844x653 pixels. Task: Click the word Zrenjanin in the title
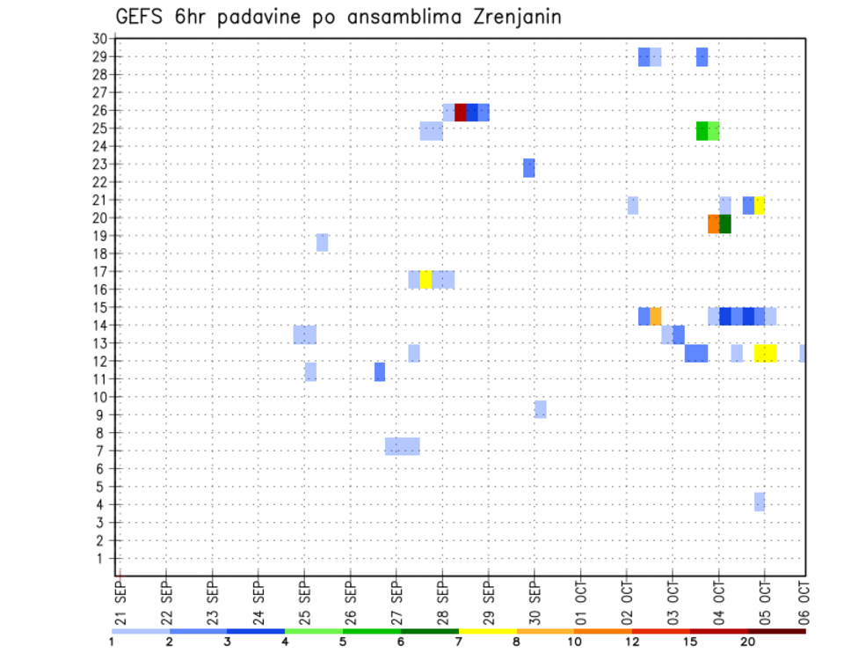[x=511, y=17]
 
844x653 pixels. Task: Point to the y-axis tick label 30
[x=98, y=38]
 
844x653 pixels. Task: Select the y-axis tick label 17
[x=98, y=271]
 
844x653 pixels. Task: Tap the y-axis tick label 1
[x=101, y=558]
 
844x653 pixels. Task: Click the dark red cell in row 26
[x=460, y=112]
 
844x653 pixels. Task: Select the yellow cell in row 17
[x=426, y=280]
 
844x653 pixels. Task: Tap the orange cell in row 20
[x=714, y=224]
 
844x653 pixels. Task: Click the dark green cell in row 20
[x=725, y=224]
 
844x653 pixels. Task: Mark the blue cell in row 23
[x=528, y=168]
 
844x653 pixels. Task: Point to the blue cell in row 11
[x=379, y=371]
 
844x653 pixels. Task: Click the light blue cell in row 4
[x=759, y=502]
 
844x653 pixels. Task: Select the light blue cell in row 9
[x=540, y=409]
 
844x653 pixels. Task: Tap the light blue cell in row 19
[x=322, y=242]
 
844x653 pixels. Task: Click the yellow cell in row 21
[x=760, y=205]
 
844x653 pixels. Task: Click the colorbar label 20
[x=748, y=642]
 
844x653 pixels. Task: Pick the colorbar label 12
[x=633, y=642]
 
